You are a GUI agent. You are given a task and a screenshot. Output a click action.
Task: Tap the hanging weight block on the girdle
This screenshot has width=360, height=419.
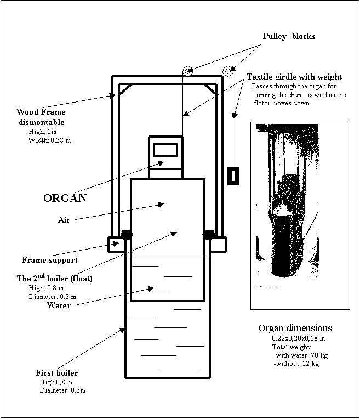point(233,175)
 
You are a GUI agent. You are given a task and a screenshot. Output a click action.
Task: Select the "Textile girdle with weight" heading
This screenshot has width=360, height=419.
point(294,77)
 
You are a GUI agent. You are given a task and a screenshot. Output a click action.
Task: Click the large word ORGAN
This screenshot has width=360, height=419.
point(65,197)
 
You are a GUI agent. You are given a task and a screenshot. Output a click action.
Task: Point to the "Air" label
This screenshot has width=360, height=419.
point(65,219)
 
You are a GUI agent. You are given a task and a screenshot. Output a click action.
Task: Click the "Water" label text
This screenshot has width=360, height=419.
point(59,305)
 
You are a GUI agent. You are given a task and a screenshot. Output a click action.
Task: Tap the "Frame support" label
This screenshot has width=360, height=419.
point(49,260)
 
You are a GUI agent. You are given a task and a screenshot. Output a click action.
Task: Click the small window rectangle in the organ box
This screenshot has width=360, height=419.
point(165,149)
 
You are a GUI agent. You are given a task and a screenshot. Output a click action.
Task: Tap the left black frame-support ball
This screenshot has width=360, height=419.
point(127,234)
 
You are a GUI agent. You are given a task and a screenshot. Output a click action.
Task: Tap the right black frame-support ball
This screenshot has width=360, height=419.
point(209,234)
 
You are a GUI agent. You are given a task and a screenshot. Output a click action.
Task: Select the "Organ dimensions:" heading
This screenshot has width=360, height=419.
point(295,328)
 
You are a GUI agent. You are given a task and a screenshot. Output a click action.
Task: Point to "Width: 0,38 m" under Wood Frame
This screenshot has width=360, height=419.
point(49,140)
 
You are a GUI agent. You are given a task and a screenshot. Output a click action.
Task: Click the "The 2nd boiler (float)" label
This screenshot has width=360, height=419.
point(54,279)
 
